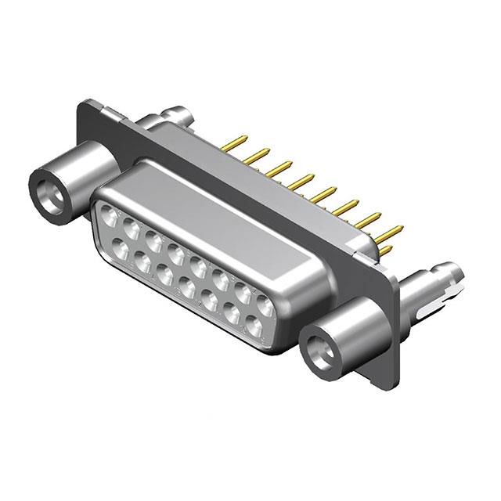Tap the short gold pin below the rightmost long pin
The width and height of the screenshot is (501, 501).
point(385,251)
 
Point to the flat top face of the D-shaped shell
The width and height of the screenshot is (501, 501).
point(235,227)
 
